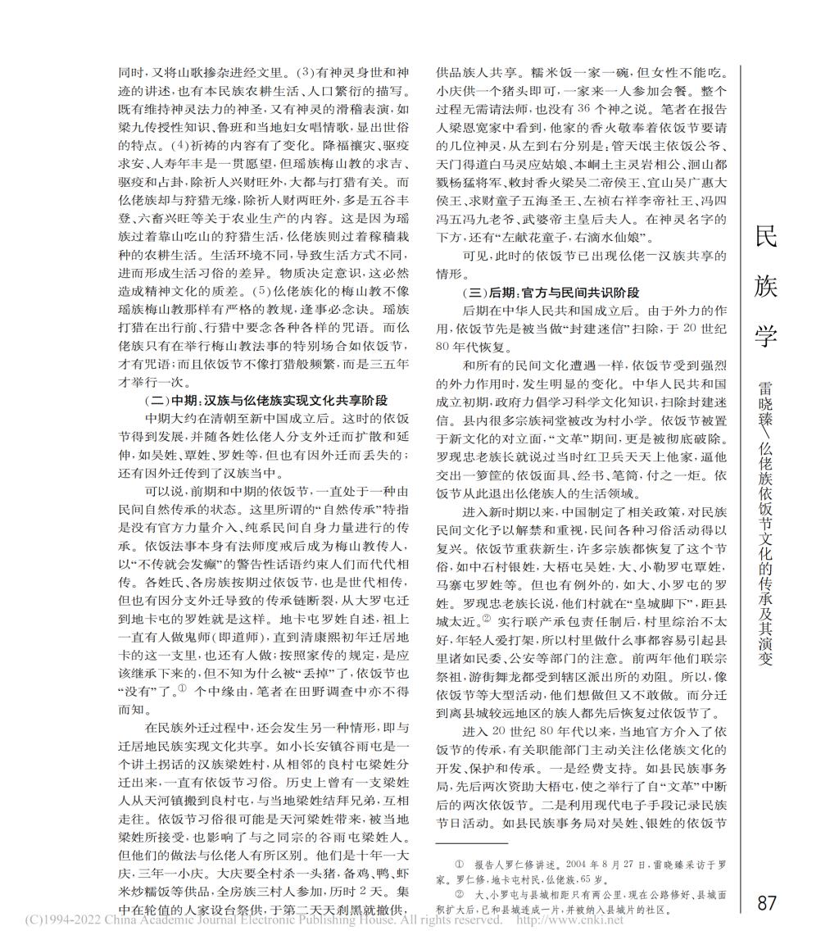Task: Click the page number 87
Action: [x=767, y=903]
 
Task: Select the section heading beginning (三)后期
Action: [x=551, y=293]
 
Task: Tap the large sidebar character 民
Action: [x=765, y=237]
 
